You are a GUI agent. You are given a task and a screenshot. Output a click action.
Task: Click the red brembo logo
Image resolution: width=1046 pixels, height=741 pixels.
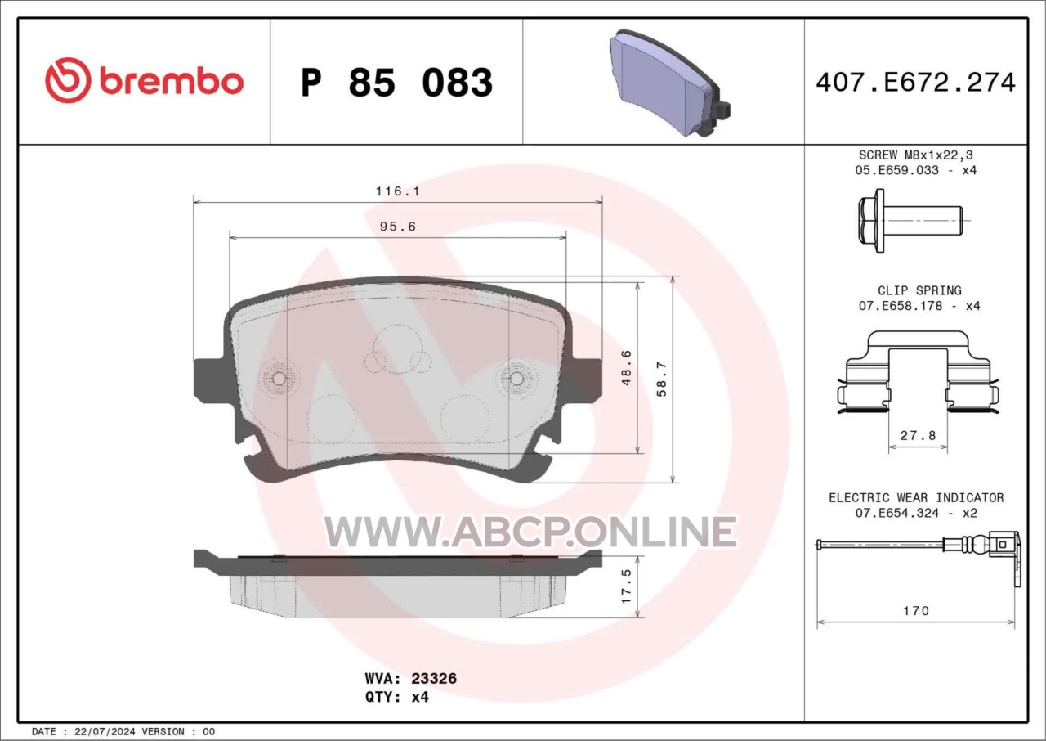click(145, 81)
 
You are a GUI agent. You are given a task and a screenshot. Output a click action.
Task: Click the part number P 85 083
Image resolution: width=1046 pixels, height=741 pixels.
click(397, 83)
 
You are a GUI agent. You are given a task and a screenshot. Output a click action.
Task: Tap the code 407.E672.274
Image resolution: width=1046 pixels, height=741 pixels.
click(916, 83)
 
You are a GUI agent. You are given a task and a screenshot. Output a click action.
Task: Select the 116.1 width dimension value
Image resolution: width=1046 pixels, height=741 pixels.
click(398, 191)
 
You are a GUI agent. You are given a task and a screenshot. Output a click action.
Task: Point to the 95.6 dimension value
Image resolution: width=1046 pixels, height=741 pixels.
click(398, 227)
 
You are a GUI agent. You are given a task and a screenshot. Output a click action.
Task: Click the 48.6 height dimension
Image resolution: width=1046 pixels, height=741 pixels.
click(627, 368)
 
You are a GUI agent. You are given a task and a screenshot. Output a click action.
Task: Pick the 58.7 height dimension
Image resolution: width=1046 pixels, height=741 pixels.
click(662, 379)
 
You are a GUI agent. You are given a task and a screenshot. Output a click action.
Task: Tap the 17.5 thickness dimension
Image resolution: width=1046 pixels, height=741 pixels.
click(627, 586)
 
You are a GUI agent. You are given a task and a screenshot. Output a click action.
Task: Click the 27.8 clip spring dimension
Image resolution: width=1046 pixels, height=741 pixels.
click(918, 435)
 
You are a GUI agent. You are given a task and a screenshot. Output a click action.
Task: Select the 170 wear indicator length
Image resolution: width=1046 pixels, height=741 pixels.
click(916, 611)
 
